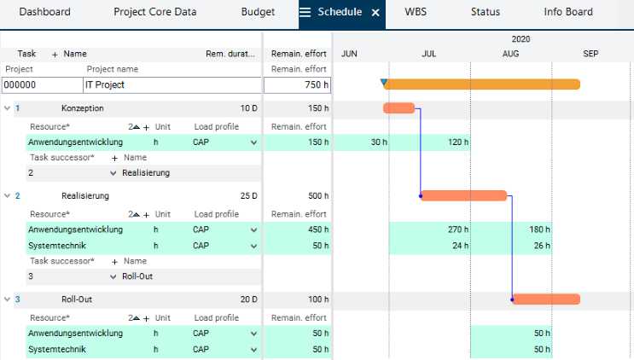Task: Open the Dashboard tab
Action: click(x=44, y=13)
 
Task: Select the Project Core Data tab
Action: click(x=154, y=13)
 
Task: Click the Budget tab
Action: click(x=258, y=13)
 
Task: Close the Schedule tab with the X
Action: click(x=375, y=13)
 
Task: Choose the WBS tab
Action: click(x=416, y=13)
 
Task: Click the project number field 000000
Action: click(x=40, y=85)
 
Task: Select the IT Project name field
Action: click(x=171, y=85)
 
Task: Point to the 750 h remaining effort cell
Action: click(x=297, y=85)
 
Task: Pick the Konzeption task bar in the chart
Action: click(x=398, y=108)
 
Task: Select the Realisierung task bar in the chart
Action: click(x=464, y=195)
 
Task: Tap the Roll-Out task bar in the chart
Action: click(x=546, y=299)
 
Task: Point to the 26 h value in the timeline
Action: click(x=540, y=246)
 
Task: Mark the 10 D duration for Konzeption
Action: click(x=247, y=108)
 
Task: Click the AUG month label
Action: click(x=510, y=54)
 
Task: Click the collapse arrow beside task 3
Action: click(x=8, y=299)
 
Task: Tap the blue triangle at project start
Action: click(x=384, y=82)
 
